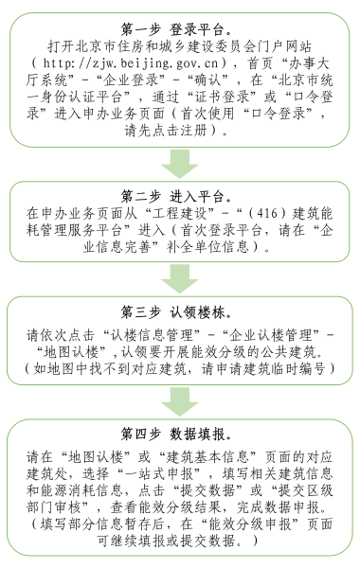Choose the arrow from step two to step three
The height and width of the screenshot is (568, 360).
click(180, 277)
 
